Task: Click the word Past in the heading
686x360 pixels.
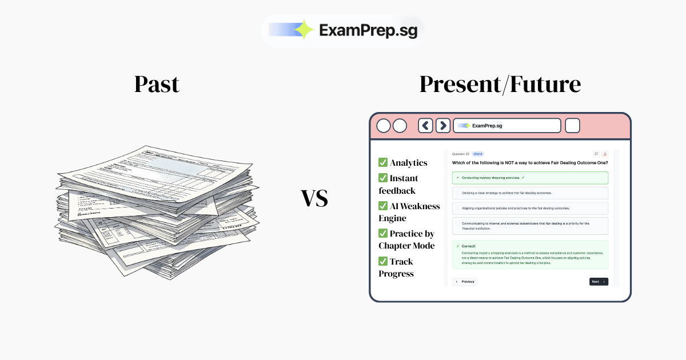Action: [157, 85]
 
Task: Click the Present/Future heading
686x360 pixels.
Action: [500, 85]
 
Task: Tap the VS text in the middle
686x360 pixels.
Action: [314, 198]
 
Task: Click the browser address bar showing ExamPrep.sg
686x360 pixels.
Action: [506, 126]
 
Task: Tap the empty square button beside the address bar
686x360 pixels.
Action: [572, 126]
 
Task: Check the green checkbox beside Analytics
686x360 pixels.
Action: [383, 163]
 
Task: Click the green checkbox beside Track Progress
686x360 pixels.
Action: [383, 261]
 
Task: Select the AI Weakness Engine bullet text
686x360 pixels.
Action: [409, 212]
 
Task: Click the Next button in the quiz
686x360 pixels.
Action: [598, 282]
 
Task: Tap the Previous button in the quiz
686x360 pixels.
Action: [464, 282]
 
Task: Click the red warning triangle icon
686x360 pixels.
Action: [605, 154]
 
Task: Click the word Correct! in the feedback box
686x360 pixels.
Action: [469, 246]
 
